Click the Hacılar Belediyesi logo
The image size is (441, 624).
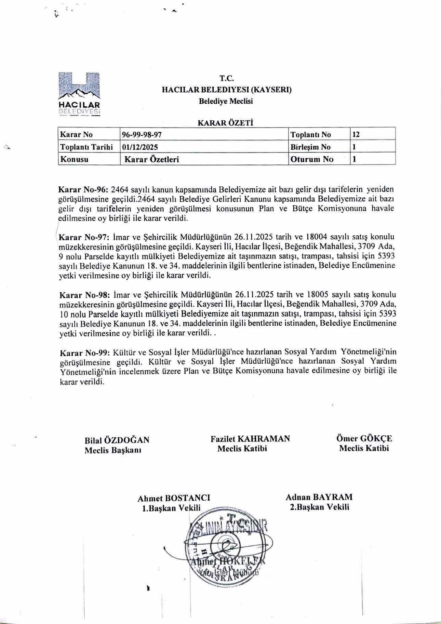pos(79,93)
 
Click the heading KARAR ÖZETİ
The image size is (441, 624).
pos(226,122)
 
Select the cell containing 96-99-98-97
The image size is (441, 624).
pos(142,134)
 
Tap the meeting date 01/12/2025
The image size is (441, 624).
pos(140,147)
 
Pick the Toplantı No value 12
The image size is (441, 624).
pos(356,134)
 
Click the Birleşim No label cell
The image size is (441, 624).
pos(310,147)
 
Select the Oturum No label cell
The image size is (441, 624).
pos(311,159)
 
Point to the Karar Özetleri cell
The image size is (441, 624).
pos(151,159)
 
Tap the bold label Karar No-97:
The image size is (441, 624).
pos(84,237)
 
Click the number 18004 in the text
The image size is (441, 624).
pos(318,237)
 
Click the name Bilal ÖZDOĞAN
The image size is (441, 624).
pos(117,440)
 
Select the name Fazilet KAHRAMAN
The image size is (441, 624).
pos(250,439)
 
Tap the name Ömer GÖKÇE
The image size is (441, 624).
pos(364,439)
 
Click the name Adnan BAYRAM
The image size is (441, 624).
pos(319,497)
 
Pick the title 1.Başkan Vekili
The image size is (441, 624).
pos(171,508)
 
